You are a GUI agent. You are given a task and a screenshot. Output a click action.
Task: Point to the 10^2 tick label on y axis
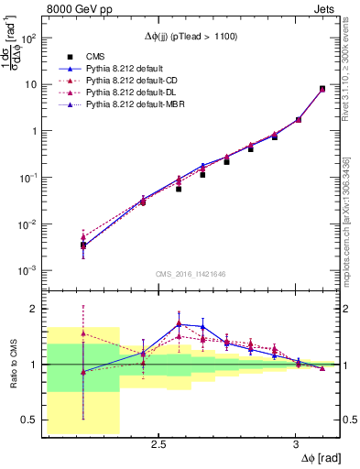[28, 38]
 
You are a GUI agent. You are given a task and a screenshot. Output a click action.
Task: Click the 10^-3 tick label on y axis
[28, 271]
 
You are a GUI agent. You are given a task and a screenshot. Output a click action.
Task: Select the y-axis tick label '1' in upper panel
[34, 131]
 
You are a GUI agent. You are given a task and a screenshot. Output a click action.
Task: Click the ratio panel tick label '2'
[34, 309]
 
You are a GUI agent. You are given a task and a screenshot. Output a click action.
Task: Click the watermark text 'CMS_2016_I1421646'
[192, 273]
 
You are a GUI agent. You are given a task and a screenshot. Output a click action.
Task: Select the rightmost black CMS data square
[322, 89]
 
